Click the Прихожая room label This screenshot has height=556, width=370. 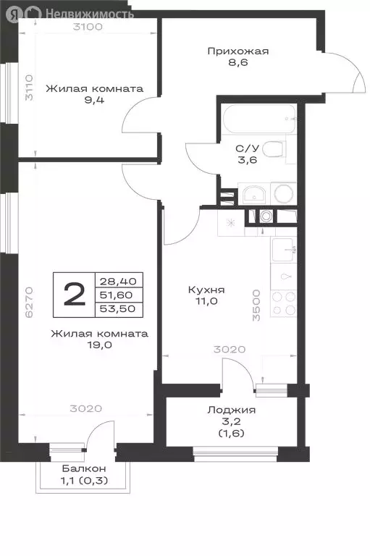237,51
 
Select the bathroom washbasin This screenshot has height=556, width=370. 253,194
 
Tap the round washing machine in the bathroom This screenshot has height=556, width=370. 282,194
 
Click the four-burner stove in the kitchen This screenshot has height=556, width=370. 282,300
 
